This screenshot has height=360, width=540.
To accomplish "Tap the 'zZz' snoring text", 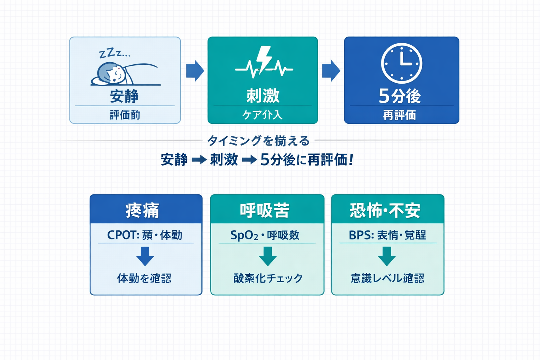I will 114,53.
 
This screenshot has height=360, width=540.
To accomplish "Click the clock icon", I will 401,63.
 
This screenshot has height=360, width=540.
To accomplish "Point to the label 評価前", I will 125,115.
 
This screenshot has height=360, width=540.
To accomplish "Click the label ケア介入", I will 262,115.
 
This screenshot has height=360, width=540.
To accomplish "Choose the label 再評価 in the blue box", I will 399,115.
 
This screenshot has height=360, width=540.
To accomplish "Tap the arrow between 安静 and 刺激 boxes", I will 195,71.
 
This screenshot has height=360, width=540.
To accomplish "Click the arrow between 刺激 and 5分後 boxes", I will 331,71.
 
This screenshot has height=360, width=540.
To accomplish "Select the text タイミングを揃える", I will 258,141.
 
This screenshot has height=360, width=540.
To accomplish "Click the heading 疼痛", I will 143,211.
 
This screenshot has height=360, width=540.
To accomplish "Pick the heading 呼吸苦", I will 265,211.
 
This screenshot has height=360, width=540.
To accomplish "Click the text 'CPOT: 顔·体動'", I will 144,235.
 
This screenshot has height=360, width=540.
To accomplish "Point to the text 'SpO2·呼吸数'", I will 265,235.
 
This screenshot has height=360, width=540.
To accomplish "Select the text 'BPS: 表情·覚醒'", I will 387,235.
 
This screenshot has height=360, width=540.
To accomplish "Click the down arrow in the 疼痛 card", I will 145,256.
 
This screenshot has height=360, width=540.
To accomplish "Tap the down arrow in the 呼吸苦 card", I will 268,256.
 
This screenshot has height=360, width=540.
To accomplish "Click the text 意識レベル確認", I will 387,278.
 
